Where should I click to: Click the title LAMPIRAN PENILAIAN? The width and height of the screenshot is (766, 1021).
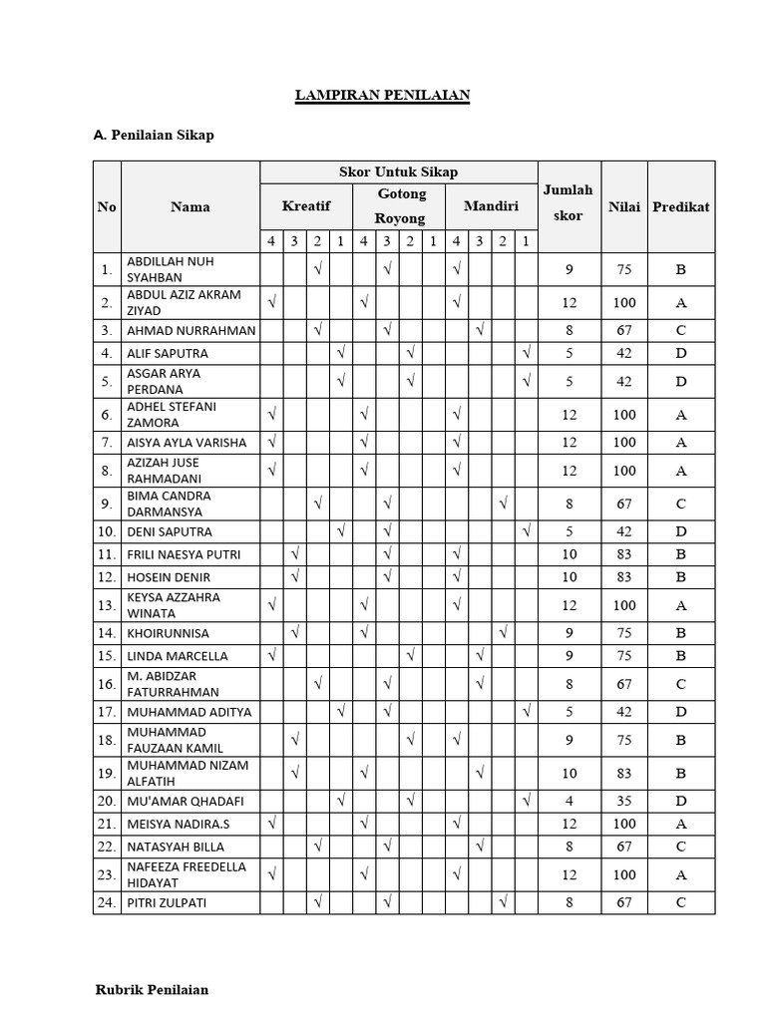pyautogui.click(x=382, y=96)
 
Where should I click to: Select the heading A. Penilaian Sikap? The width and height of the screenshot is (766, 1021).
pyautogui.click(x=154, y=136)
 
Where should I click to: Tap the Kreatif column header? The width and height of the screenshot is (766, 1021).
pyautogui.click(x=305, y=206)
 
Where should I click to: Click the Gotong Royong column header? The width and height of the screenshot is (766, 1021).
pyautogui.click(x=401, y=205)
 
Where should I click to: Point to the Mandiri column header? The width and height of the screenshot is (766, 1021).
pyautogui.click(x=491, y=206)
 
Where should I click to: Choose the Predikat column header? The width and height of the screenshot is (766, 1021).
pyautogui.click(x=681, y=206)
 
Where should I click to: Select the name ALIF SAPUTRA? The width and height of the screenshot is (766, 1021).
pyautogui.click(x=168, y=353)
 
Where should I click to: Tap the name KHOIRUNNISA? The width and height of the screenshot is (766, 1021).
pyautogui.click(x=169, y=633)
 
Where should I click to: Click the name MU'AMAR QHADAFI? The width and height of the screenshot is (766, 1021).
pyautogui.click(x=186, y=801)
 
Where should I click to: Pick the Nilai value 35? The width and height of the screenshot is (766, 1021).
pyautogui.click(x=624, y=801)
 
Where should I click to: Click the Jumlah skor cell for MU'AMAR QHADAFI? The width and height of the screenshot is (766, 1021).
pyautogui.click(x=569, y=801)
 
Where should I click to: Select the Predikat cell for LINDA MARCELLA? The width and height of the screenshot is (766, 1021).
pyautogui.click(x=681, y=656)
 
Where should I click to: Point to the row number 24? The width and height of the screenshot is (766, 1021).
pyautogui.click(x=106, y=903)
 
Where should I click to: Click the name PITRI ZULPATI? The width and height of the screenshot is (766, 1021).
pyautogui.click(x=167, y=903)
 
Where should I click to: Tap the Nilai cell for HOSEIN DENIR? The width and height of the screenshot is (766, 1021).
pyautogui.click(x=624, y=577)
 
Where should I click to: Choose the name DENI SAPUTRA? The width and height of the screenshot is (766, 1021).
pyautogui.click(x=170, y=531)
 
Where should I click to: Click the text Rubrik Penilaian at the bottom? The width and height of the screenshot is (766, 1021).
pyautogui.click(x=152, y=990)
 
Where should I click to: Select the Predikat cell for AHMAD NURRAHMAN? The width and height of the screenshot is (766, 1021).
pyautogui.click(x=681, y=330)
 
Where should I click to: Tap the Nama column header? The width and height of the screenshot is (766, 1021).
pyautogui.click(x=190, y=206)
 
